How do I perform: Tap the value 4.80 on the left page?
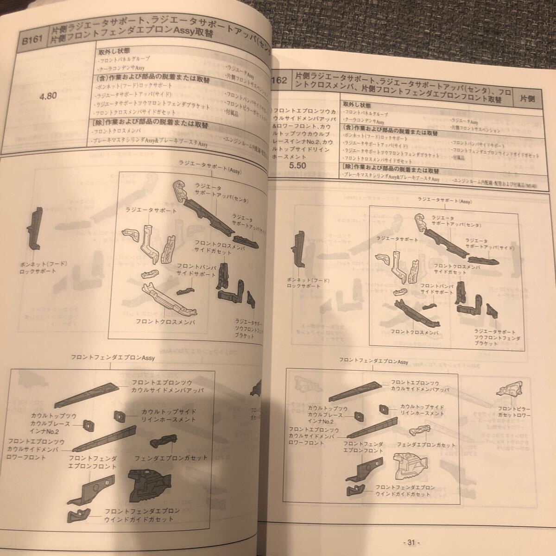[48, 96]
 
